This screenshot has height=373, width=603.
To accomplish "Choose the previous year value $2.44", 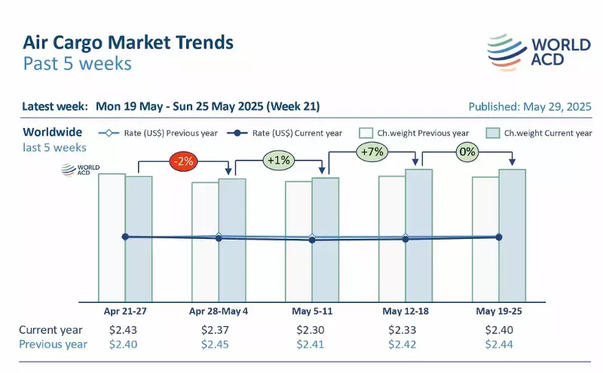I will (497, 344).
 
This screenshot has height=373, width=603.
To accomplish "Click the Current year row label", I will (51, 330).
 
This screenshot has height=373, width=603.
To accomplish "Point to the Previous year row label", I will (53, 344).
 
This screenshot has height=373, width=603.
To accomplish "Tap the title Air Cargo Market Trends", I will (128, 41).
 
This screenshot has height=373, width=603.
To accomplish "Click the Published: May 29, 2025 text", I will (530, 106).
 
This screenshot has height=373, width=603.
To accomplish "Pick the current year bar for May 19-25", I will (511, 234).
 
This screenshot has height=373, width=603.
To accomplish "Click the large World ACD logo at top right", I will (538, 52).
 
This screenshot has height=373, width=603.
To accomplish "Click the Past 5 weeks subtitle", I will (77, 63).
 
